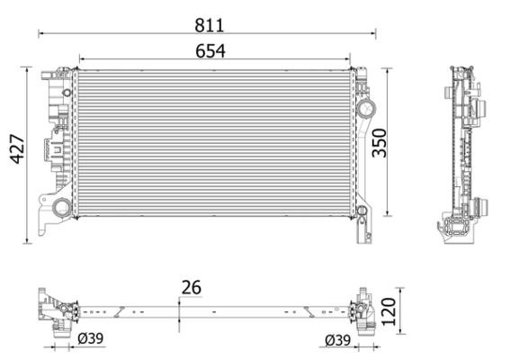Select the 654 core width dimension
[210, 51]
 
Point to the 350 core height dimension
[381, 141]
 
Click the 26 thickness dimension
[190, 288]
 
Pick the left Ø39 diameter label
[90, 340]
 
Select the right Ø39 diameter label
[338, 340]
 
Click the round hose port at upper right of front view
[365, 108]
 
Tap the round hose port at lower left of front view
[62, 209]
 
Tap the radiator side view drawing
[464, 153]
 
